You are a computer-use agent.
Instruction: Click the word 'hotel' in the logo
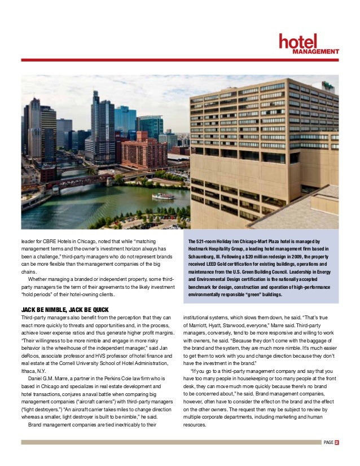298,41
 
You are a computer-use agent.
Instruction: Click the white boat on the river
163,196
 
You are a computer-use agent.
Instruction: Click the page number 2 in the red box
336,442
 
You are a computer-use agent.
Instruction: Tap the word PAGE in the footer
327,442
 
